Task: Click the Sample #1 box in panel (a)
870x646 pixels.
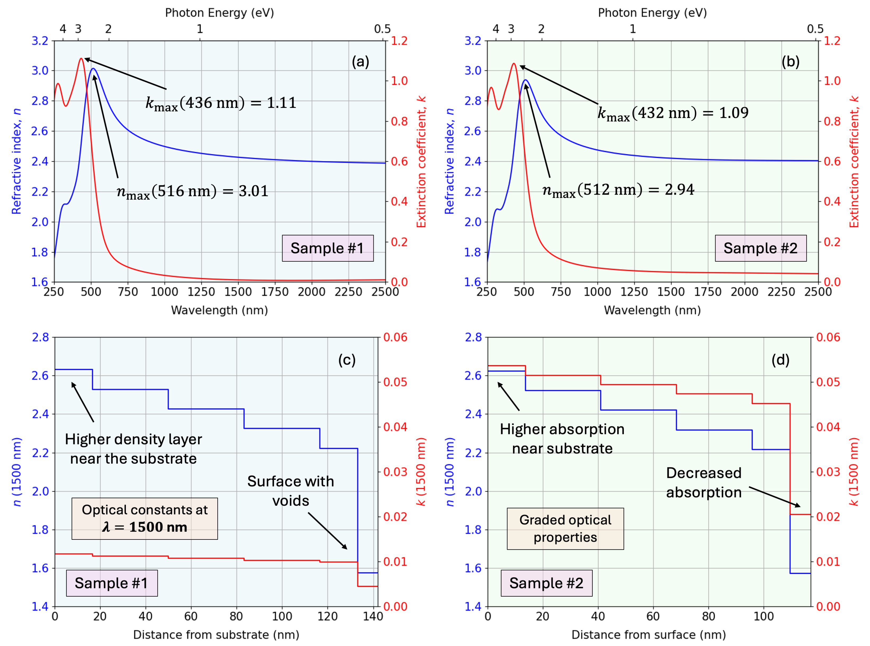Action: click(327, 248)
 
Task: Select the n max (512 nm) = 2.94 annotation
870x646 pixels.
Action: click(618, 190)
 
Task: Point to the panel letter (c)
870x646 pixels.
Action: click(347, 360)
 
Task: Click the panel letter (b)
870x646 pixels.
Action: click(790, 61)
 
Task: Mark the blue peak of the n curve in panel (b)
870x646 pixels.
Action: click(526, 80)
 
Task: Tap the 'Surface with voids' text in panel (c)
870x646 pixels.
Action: click(291, 491)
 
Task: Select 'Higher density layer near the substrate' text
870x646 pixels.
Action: click(133, 449)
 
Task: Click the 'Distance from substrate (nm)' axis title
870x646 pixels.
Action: click(216, 634)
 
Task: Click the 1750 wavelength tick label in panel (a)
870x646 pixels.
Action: click(275, 292)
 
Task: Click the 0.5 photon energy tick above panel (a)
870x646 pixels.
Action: click(382, 29)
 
